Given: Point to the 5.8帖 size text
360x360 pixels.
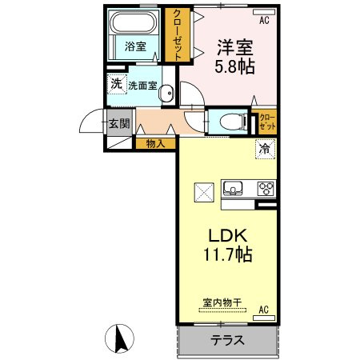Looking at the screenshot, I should [x=234, y=67].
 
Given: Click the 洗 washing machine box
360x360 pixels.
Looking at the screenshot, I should [x=116, y=84].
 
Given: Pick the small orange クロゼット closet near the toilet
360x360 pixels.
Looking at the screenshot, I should [x=267, y=122].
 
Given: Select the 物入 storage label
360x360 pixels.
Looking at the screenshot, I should [x=156, y=144].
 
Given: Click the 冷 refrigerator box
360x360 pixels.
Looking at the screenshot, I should [x=264, y=147].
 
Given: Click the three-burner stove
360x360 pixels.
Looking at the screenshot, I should [x=265, y=189].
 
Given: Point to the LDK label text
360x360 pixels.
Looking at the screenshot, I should [x=231, y=236].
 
